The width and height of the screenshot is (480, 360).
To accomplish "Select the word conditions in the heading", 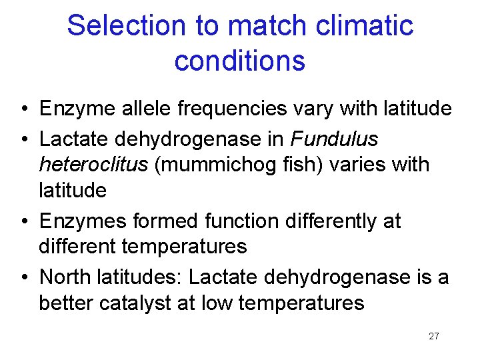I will (240, 61).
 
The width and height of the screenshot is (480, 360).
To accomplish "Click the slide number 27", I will (434, 336).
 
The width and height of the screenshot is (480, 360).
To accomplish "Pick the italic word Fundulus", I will (335, 139).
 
